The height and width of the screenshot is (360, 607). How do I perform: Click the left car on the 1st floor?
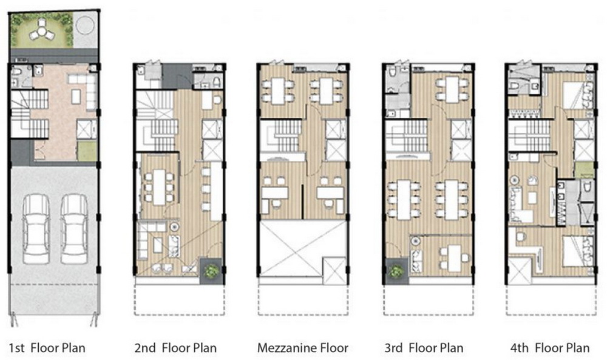point(36,229)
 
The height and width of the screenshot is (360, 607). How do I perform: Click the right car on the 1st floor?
point(74,229)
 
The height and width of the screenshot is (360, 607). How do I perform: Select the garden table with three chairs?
point(41,30)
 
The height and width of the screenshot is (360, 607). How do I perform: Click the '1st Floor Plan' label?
point(47,348)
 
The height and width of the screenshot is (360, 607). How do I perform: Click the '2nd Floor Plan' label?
point(175,348)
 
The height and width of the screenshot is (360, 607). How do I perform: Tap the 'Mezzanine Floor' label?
point(303,348)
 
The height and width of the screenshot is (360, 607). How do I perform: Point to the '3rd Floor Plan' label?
point(424,348)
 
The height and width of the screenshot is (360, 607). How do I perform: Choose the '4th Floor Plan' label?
point(550,348)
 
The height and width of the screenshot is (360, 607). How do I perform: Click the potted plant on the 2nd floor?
point(211,271)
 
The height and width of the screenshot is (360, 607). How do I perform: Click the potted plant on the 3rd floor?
point(396,271)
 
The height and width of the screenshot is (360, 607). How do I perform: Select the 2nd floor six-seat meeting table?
point(159,188)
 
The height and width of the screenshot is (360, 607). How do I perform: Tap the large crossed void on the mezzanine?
point(291,248)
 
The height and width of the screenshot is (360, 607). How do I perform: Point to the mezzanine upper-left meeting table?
point(279,91)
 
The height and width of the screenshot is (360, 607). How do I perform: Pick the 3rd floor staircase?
point(407,138)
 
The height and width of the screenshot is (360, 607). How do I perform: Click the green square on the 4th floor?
point(583,170)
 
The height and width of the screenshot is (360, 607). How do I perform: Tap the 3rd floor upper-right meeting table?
point(452,90)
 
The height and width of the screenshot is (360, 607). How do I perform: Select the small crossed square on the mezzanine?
point(334,267)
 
